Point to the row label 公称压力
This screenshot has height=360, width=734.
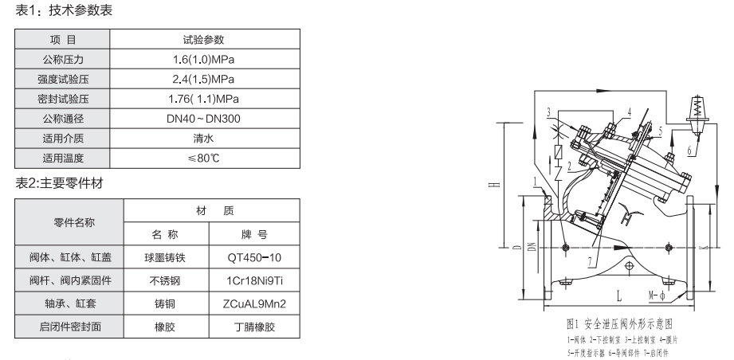coord(63,59)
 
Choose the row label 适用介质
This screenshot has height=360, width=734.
coord(63,138)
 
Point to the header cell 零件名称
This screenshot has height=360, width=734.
coord(69,222)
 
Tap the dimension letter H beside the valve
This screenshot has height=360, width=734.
coord(495,185)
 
